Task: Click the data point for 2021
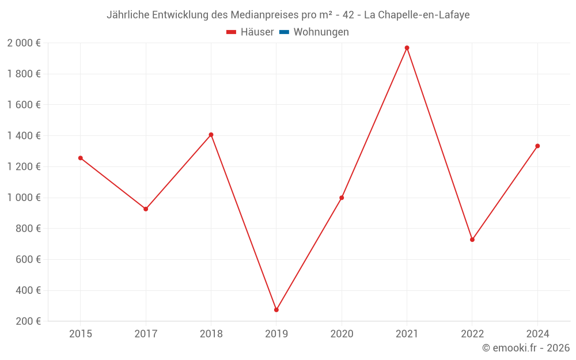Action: (x=407, y=48)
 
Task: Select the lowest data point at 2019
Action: (x=276, y=310)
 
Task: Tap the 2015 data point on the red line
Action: (x=81, y=158)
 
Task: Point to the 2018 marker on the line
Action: (x=211, y=135)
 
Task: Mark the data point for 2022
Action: (x=472, y=240)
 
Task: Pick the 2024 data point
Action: (x=537, y=146)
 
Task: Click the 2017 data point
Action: (x=146, y=209)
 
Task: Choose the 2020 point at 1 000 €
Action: (x=342, y=198)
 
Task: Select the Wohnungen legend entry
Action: (x=321, y=32)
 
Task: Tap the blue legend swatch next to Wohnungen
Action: (x=284, y=32)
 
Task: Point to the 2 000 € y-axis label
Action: (x=24, y=43)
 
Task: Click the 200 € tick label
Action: (x=29, y=321)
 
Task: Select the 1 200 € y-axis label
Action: (x=24, y=166)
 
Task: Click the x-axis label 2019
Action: (x=276, y=334)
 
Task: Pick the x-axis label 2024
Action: (x=537, y=334)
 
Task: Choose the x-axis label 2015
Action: (x=81, y=334)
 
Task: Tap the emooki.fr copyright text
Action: (x=526, y=348)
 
